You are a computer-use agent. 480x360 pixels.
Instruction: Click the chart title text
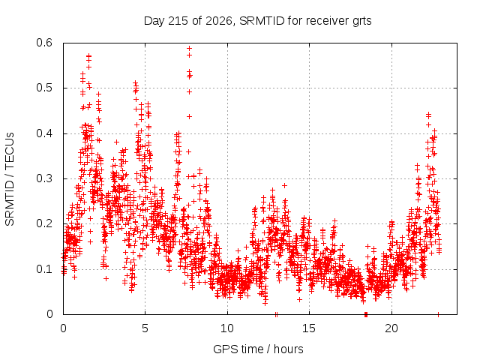pyautogui.click(x=257, y=21)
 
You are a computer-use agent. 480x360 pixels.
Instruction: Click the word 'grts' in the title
pyautogui.click(x=361, y=22)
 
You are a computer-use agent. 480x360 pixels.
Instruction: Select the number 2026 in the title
pyautogui.click(x=219, y=21)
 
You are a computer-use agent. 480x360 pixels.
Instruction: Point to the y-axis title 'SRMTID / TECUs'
pyautogui.click(x=10, y=179)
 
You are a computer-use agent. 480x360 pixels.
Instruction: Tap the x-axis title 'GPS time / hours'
pyautogui.click(x=258, y=349)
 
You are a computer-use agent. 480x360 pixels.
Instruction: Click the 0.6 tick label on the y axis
pyautogui.click(x=44, y=43)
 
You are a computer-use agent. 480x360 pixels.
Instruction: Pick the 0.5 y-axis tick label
pyautogui.click(x=44, y=88)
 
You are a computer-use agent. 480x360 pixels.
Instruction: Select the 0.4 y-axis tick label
pyautogui.click(x=44, y=133)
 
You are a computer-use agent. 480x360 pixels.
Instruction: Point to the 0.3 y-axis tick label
pyautogui.click(x=44, y=178)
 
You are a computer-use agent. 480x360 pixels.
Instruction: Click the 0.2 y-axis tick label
pyautogui.click(x=44, y=223)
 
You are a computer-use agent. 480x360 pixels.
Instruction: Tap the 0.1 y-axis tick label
pyautogui.click(x=44, y=269)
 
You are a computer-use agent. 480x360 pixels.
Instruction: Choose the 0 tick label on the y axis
pyautogui.click(x=49, y=314)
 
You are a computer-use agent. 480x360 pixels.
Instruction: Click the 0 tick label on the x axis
pyautogui.click(x=63, y=328)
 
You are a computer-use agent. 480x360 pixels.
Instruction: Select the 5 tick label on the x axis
pyautogui.click(x=145, y=328)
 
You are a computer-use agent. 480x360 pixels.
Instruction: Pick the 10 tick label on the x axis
pyautogui.click(x=227, y=328)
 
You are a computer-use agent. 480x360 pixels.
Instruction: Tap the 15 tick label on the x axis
pyautogui.click(x=309, y=328)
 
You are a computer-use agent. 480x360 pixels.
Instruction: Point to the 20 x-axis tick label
pyautogui.click(x=391, y=328)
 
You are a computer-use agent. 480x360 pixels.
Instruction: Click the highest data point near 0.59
pyautogui.click(x=190, y=48)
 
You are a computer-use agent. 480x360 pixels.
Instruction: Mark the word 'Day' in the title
pyautogui.click(x=154, y=22)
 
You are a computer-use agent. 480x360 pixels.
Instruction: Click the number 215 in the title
pyautogui.click(x=178, y=21)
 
